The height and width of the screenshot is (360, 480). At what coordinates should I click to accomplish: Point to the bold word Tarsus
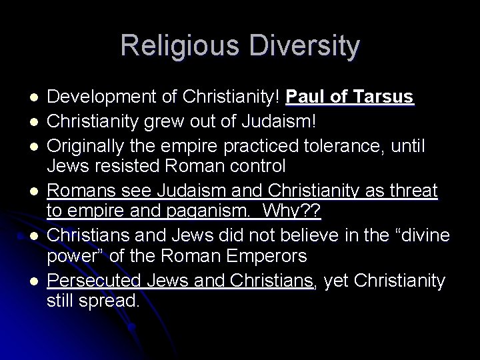[383, 99]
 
